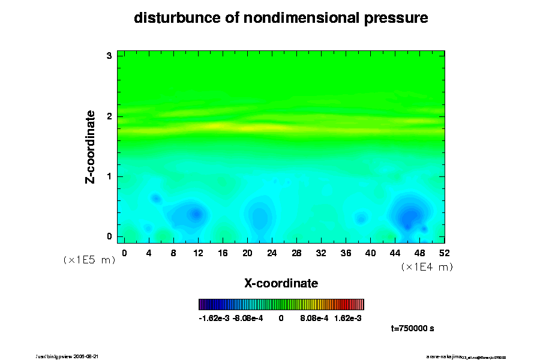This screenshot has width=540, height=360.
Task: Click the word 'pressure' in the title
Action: pos(396,18)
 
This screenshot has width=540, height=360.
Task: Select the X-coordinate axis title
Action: pos(281,283)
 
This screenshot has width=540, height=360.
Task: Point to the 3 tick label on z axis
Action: pos(109,56)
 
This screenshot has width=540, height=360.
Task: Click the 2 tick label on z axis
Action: pos(109,116)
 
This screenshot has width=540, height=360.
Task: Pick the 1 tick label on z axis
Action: pos(109,176)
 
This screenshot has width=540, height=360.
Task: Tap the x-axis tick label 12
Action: pos(198,253)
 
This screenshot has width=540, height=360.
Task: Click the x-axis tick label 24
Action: pos(272,253)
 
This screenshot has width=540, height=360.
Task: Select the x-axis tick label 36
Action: pos(346,253)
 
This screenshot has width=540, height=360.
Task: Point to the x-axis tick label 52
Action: pos(445,253)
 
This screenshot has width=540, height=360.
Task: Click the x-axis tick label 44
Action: pos(395,253)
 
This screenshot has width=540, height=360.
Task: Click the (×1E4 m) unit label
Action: pos(427,267)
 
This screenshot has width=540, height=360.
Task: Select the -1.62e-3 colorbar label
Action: pos(214,319)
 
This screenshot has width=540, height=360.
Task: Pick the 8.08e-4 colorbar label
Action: pos(314,319)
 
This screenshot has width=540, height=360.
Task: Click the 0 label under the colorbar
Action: pos(281,319)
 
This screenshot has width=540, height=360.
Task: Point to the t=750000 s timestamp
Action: pos(412,329)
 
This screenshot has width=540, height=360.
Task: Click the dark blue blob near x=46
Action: pos(410,216)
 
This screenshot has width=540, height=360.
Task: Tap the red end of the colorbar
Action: pos(358,304)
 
